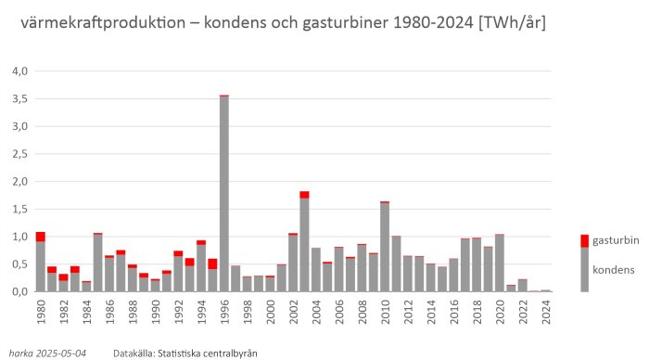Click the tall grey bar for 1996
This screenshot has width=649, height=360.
224,195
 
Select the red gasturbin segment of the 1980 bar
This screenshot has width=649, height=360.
41,237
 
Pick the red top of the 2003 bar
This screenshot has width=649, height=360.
304,195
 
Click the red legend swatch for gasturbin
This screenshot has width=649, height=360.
584,240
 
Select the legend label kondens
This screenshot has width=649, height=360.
613,270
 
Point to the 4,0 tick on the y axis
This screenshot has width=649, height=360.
19,71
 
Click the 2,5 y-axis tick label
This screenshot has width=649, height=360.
19,154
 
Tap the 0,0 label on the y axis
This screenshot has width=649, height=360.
19,292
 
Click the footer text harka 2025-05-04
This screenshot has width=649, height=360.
48,353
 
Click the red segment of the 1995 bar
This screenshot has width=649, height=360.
212,264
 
